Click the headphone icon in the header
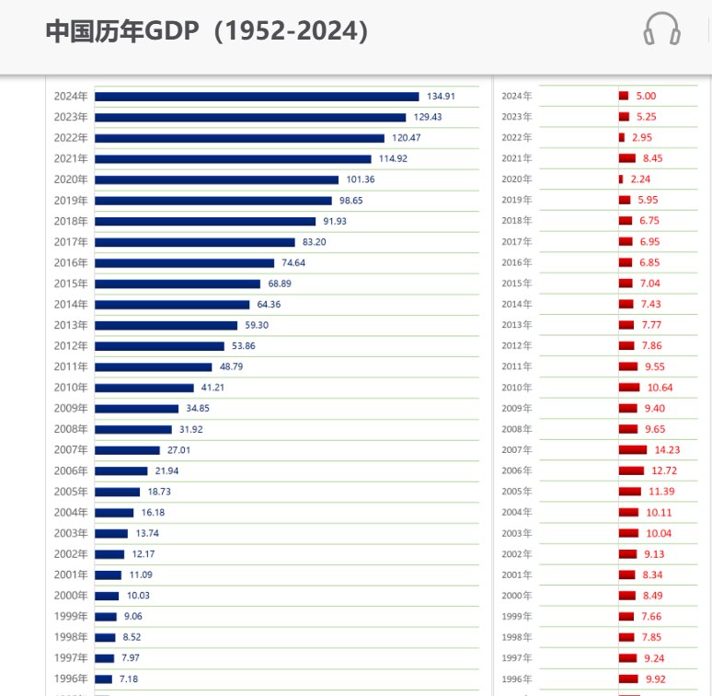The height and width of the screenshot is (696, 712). click(661, 29)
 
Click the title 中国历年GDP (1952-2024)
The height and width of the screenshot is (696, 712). click(207, 31)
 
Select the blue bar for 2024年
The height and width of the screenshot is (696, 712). click(257, 97)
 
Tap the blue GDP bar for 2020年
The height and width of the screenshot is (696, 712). click(216, 180)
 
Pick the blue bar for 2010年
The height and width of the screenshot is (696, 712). click(144, 388)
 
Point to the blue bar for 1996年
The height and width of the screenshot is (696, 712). click(104, 679)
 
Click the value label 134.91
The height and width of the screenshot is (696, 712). click(441, 97)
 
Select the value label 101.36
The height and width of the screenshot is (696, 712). click(361, 180)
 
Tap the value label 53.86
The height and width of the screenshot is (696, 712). click(244, 346)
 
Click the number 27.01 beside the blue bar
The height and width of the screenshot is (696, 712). click(178, 450)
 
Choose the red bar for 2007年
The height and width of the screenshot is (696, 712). click(633, 450)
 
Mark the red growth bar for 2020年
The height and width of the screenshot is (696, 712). click(621, 179)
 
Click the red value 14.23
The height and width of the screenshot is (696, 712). click(667, 450)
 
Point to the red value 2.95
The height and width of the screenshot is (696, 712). click(642, 137)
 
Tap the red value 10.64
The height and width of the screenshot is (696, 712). click(660, 388)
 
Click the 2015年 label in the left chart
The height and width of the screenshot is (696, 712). click(71, 284)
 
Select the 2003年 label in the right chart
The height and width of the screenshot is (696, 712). click(517, 533)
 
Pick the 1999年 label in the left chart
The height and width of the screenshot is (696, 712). click(71, 616)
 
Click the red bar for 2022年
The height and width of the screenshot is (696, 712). click(622, 137)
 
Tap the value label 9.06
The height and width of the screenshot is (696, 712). click(133, 616)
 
